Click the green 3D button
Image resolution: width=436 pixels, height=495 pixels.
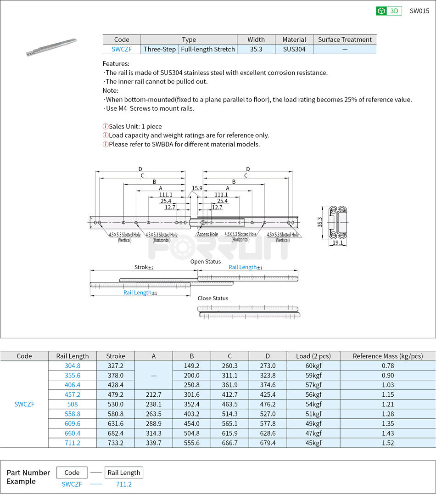389,11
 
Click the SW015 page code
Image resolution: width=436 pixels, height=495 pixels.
419,11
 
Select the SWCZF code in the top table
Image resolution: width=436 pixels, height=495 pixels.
122,49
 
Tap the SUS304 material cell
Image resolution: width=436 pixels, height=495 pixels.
294,49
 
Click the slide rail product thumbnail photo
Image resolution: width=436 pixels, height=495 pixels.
51,47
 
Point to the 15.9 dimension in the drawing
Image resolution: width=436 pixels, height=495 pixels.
197,188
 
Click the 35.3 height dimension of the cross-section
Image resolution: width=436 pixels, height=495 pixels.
319,222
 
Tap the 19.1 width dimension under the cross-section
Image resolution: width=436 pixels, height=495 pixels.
338,242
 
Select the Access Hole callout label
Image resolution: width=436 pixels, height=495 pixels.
207,234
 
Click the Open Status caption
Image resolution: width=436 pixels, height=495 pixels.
206,261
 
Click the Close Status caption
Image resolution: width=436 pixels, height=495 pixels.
212,298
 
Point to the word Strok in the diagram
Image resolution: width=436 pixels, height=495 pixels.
141,267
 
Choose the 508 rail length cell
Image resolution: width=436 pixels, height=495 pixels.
73,404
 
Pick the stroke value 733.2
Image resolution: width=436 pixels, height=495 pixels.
115,443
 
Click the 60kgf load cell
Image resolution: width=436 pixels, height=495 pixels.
313,366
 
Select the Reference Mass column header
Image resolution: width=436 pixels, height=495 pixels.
388,356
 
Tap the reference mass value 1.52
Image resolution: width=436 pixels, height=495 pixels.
388,443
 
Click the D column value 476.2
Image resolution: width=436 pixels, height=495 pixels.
268,404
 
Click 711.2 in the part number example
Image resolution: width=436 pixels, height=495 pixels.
124,484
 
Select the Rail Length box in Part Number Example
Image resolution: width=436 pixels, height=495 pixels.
124,472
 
